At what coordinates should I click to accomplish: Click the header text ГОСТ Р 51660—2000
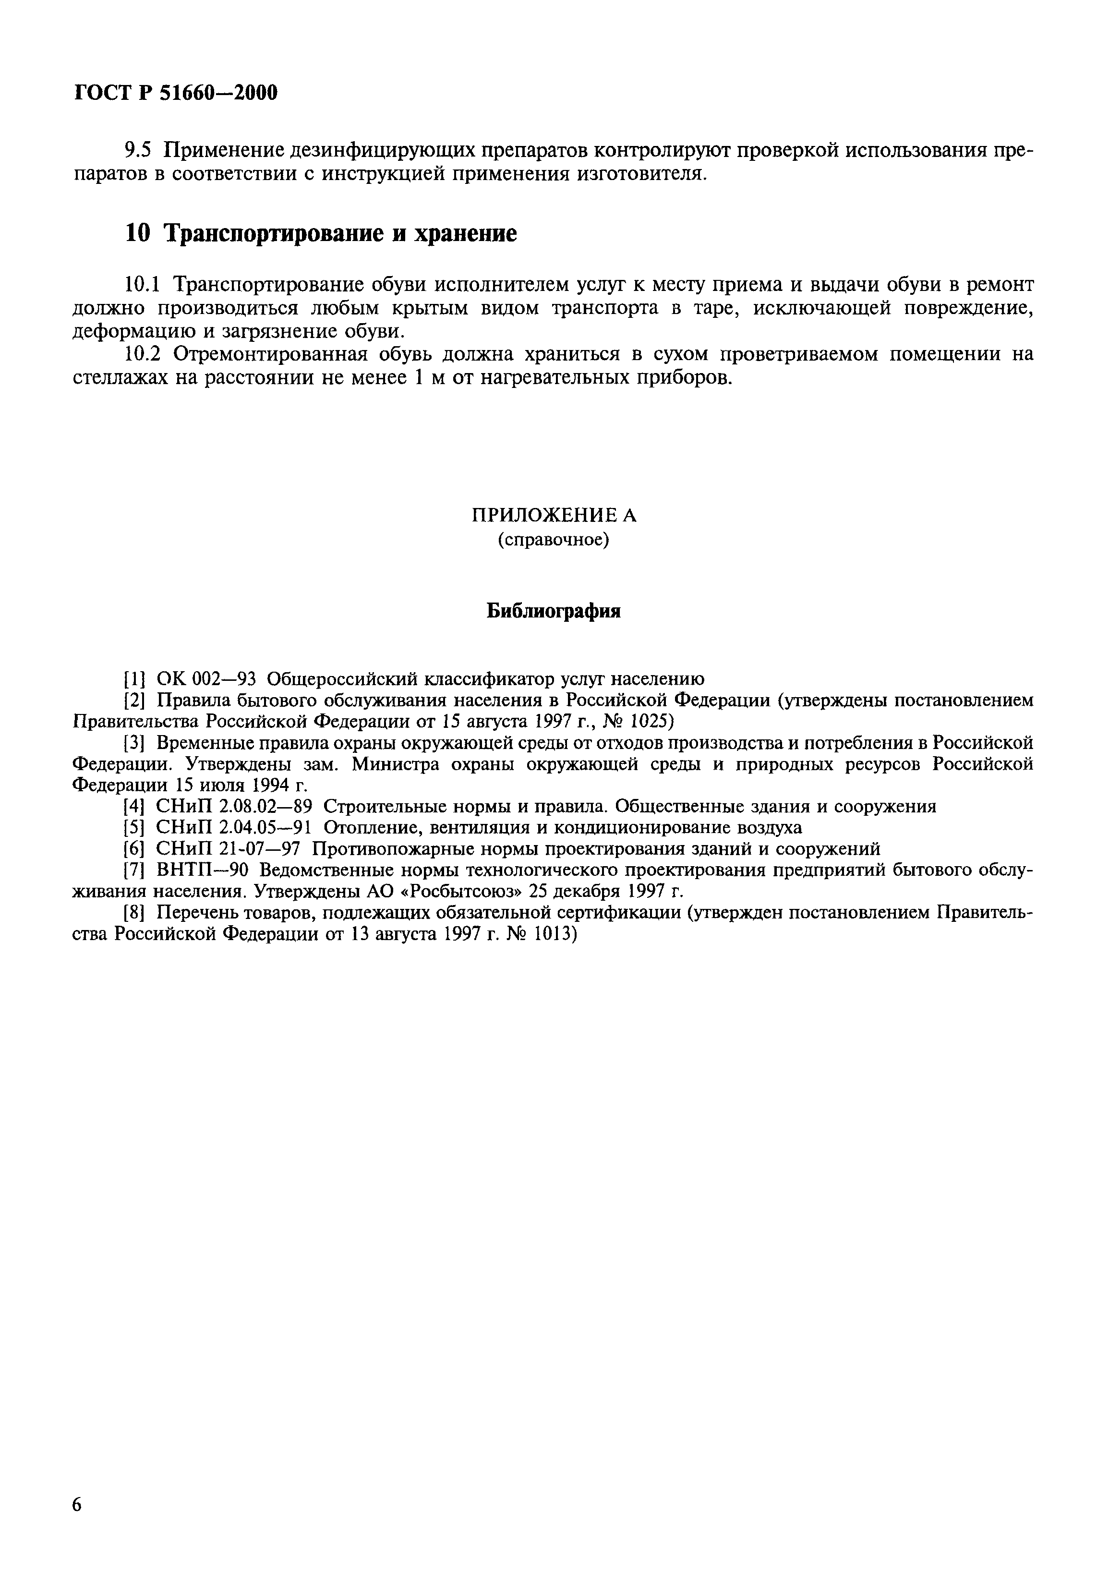175,92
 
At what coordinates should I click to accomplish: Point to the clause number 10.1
143,285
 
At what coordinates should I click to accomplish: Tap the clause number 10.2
143,354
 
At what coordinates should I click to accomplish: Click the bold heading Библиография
553,611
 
